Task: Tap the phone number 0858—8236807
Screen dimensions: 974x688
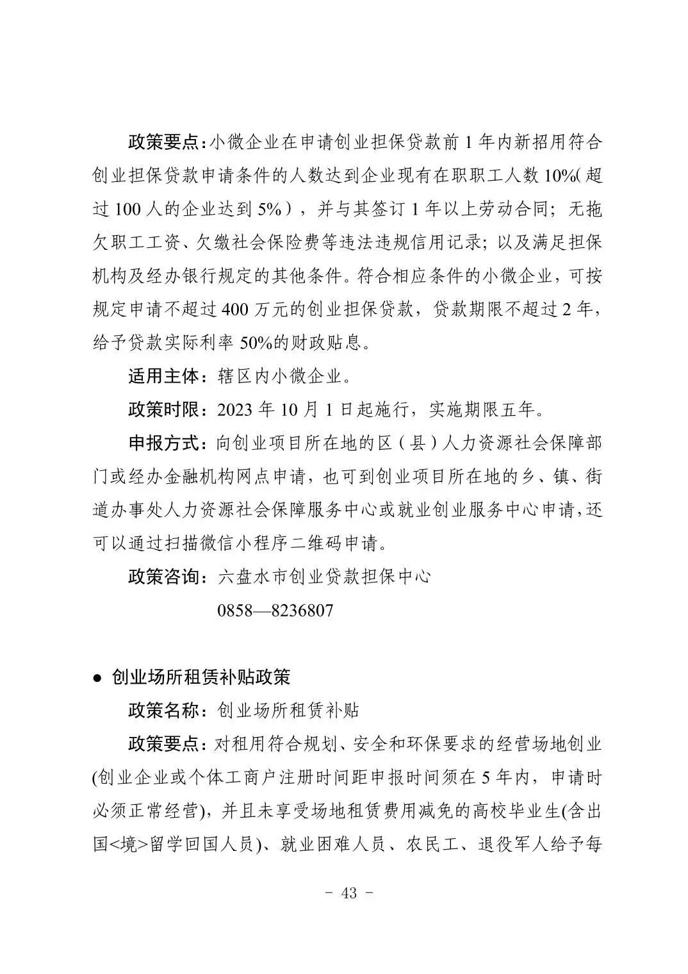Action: (x=275, y=609)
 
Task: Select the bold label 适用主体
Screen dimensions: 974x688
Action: (x=164, y=376)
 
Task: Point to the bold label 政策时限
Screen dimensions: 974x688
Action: (x=164, y=409)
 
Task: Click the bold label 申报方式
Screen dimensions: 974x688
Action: (x=164, y=443)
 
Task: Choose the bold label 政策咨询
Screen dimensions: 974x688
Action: (x=164, y=576)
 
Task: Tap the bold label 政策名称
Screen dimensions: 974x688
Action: (x=164, y=710)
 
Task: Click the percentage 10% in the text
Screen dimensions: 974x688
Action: (x=561, y=176)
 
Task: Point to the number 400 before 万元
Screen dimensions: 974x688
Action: (x=238, y=310)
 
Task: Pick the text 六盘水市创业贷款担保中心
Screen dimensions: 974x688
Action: (x=324, y=576)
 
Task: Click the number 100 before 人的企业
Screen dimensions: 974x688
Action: (x=132, y=210)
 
